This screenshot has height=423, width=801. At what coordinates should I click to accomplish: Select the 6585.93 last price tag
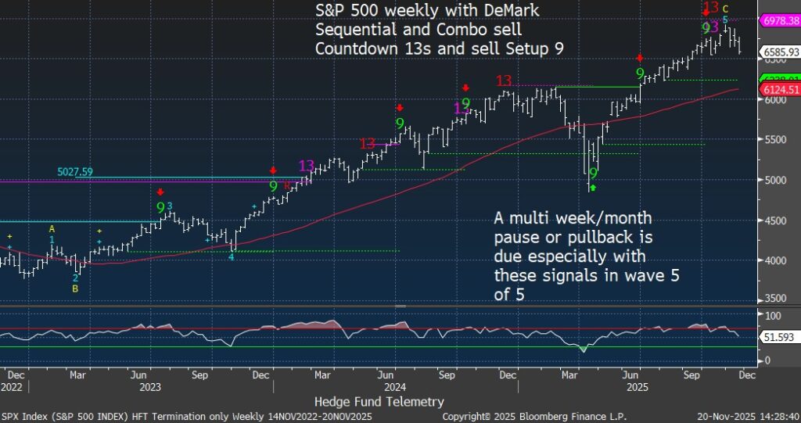779,53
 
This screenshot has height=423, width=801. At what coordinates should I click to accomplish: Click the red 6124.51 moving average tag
779,90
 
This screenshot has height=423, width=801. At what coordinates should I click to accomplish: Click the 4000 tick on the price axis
774,260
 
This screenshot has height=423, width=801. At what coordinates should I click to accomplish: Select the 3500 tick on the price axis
774,299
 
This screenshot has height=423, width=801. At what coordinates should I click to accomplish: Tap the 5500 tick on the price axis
774,140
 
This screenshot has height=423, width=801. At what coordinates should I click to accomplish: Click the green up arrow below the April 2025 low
593,187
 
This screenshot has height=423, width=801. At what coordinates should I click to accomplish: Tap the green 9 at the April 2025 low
593,174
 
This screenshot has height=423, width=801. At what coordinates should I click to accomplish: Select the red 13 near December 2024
505,80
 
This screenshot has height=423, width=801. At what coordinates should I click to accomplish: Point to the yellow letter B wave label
75,288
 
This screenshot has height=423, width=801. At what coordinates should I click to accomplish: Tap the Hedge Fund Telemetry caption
379,401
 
